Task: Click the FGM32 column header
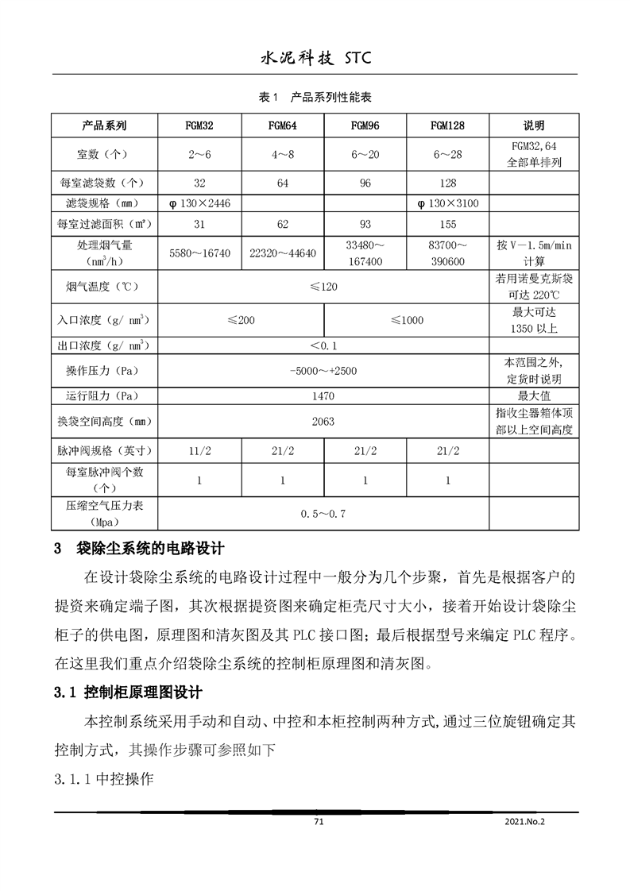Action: tap(199, 125)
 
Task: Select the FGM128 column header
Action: tap(448, 125)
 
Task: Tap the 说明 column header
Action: tap(533, 125)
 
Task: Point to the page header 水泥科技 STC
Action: tap(315, 58)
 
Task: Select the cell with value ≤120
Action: tap(323, 286)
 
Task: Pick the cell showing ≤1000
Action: tap(407, 321)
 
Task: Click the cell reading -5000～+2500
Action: tap(323, 371)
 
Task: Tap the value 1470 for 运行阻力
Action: tap(323, 395)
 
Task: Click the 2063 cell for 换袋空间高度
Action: tap(323, 421)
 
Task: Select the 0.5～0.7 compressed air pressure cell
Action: tap(323, 513)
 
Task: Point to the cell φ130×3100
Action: tap(448, 203)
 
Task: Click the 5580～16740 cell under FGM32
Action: tap(199, 253)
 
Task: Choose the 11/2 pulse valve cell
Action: tap(199, 450)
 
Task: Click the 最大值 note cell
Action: tap(533, 395)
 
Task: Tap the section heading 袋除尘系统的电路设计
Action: tap(150, 548)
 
